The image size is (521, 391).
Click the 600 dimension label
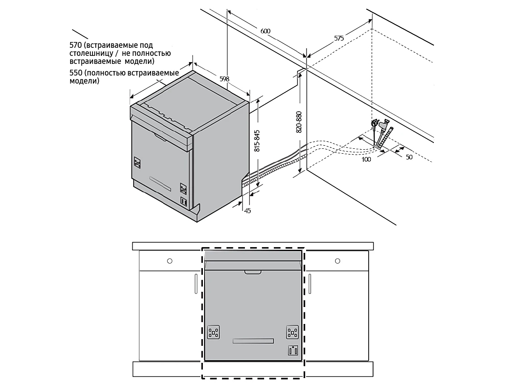tap(265, 31)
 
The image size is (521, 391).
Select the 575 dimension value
tap(339, 38)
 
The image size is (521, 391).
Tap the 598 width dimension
tap(225, 79)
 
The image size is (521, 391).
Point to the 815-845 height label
tap(257, 141)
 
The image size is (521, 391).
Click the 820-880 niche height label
tap(299, 122)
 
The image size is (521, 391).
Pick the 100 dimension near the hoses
tap(366, 160)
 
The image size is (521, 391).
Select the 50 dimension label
tap(409, 157)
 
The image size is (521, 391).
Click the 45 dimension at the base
tap(248, 210)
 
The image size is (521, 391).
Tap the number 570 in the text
tap(76, 45)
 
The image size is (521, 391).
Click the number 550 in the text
tap(76, 73)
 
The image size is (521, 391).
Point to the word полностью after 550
tap(106, 73)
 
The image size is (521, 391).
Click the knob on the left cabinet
tap(170, 261)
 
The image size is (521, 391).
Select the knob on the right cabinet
tap(338, 261)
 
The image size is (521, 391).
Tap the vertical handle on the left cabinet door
tap(196, 284)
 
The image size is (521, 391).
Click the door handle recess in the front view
tap(253, 272)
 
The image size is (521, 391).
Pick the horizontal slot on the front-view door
tap(253, 341)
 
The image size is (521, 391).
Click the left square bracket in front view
tap(213, 332)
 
